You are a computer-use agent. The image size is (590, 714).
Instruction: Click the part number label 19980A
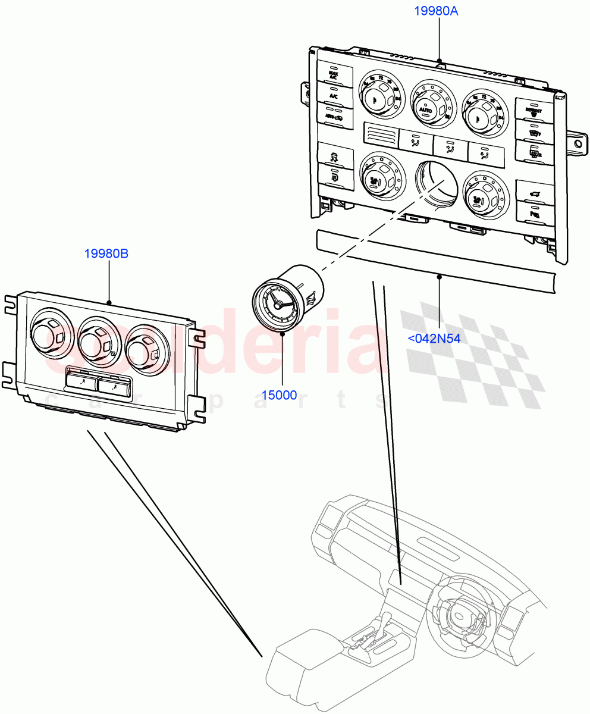pos(440,11)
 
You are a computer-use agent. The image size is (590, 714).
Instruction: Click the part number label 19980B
pos(106,253)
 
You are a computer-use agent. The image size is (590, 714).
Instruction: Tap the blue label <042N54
pos(434,339)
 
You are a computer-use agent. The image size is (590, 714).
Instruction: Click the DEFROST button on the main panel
pos(533,109)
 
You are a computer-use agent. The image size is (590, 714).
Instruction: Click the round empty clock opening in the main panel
pos(436,181)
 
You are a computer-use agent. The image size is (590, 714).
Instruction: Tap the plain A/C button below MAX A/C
pos(334,95)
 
